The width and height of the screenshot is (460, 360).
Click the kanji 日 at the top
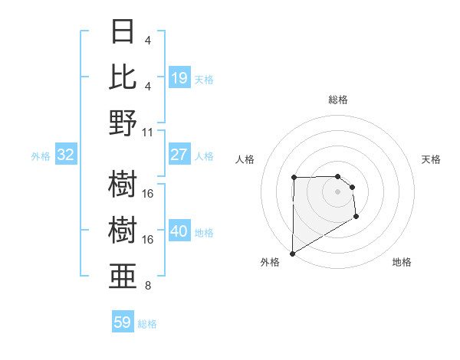pyautogui.click(x=123, y=32)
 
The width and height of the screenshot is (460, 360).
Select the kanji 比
pyautogui.click(x=123, y=77)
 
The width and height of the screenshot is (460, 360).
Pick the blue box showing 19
pyautogui.click(x=179, y=78)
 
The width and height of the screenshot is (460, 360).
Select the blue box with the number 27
pyautogui.click(x=179, y=155)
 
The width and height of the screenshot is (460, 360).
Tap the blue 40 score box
pyautogui.click(x=179, y=232)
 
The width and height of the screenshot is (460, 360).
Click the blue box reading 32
pyautogui.click(x=66, y=155)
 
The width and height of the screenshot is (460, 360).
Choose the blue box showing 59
pyautogui.click(x=123, y=322)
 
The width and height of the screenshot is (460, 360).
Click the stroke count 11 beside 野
pyautogui.click(x=148, y=132)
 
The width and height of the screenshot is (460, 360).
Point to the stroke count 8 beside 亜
pyautogui.click(x=148, y=286)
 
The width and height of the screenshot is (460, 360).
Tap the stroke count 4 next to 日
pyautogui.click(x=148, y=40)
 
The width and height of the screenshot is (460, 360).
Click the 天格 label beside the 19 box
pyautogui.click(x=204, y=79)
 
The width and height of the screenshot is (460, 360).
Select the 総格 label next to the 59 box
pyautogui.click(x=147, y=324)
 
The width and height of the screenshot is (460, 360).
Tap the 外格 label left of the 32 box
pyautogui.click(x=41, y=156)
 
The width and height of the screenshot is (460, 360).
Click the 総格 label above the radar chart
pyautogui.click(x=338, y=100)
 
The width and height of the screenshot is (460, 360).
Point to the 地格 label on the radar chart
pyautogui.click(x=402, y=262)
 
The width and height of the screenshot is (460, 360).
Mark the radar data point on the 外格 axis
pyautogui.click(x=292, y=254)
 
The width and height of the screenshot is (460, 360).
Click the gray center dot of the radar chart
pyautogui.click(x=338, y=191)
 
